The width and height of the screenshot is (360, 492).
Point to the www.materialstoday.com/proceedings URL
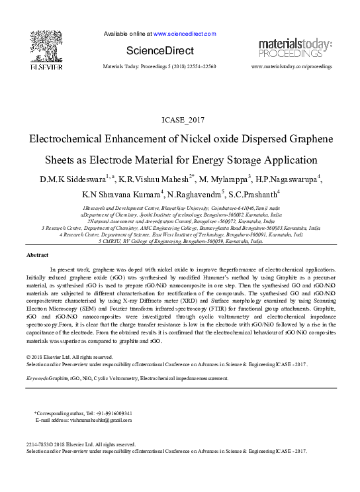pyautogui.click(x=292, y=68)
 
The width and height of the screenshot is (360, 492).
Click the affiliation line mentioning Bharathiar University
pyautogui.click(x=180, y=207)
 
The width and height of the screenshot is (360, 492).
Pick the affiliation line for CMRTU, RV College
pyautogui.click(x=180, y=242)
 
